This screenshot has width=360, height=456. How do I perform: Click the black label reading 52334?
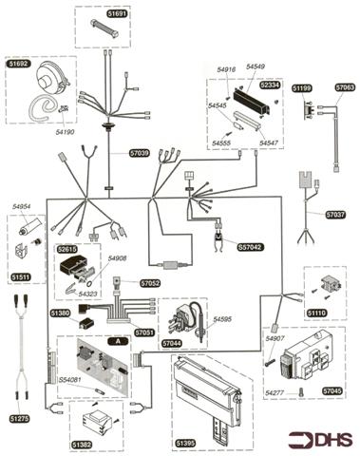(270, 85)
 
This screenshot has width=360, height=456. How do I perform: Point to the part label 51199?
(302, 88)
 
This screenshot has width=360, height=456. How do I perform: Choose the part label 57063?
(345, 88)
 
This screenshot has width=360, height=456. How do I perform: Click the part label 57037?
(336, 215)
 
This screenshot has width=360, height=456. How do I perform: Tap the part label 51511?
(21, 276)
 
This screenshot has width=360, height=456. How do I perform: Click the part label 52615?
(67, 249)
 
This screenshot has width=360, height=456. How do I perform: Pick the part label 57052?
(150, 283)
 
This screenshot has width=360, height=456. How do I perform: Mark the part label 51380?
(59, 313)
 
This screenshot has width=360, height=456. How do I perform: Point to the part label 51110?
(315, 311)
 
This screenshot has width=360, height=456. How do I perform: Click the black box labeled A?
(118, 340)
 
